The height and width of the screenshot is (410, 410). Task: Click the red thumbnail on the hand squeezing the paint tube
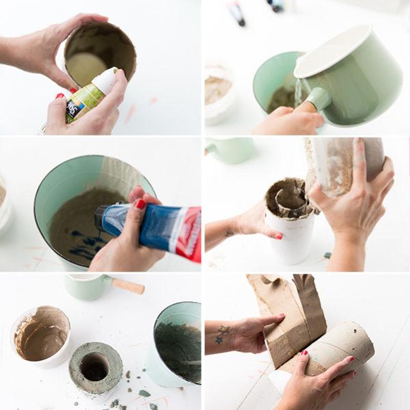click(140, 203)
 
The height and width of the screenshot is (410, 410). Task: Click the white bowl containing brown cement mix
click(41, 335)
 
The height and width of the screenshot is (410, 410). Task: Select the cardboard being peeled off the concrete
click(287, 315)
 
